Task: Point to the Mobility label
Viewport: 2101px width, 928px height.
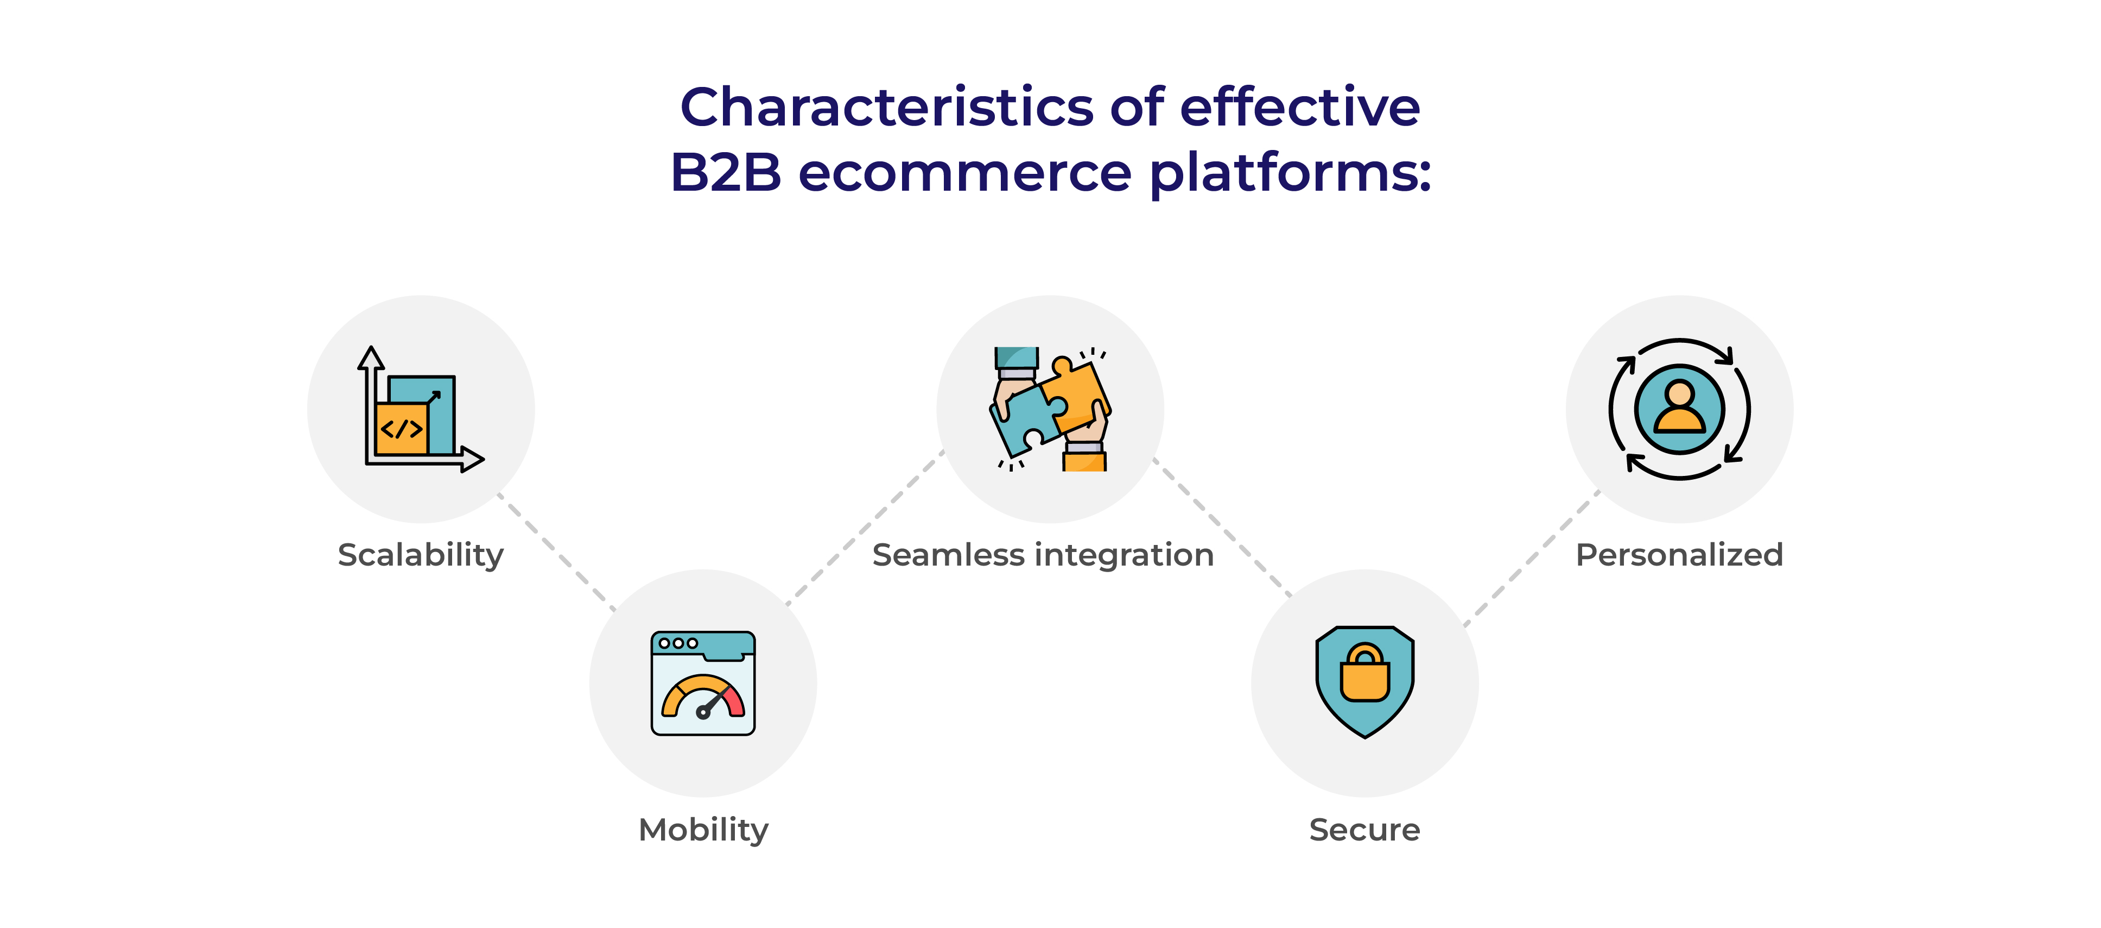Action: [x=703, y=831]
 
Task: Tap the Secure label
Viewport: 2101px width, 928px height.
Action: [x=1364, y=830]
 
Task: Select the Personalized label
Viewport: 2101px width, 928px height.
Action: [x=1679, y=555]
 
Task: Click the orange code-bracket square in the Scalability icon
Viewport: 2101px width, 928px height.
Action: [x=401, y=429]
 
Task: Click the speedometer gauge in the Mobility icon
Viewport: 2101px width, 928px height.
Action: [x=703, y=696]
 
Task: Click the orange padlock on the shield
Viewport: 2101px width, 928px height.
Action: [x=1364, y=673]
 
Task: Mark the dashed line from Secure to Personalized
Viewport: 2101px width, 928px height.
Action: [x=1532, y=559]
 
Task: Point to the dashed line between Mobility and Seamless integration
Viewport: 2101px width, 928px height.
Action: [x=865, y=528]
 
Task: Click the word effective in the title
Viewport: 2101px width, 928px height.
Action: [x=1300, y=107]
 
